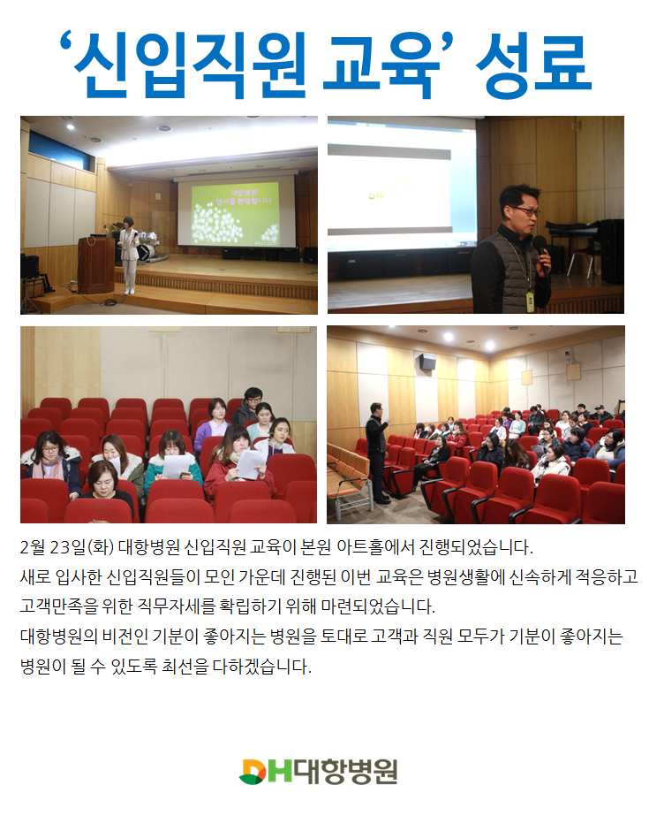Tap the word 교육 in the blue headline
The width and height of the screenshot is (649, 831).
click(x=381, y=65)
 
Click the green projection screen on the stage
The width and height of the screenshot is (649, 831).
click(x=236, y=212)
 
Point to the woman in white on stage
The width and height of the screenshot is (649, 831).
click(x=129, y=255)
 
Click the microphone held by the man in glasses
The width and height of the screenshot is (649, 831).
click(x=541, y=252)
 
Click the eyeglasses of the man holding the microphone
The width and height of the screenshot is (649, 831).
click(x=524, y=210)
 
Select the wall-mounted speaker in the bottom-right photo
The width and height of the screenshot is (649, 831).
click(x=427, y=361)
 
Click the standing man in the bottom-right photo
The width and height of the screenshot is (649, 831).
click(x=377, y=452)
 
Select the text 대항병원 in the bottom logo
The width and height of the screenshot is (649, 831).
click(x=346, y=772)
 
